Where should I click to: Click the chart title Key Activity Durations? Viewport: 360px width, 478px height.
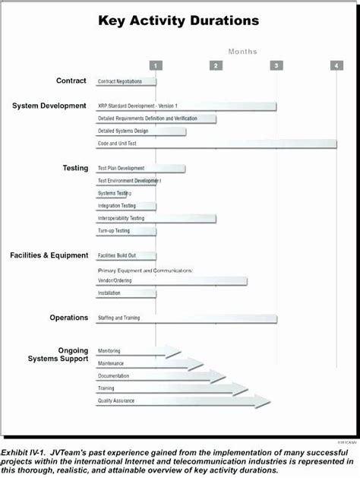pyautogui.click(x=178, y=21)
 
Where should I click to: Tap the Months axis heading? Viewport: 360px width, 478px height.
pyautogui.click(x=243, y=52)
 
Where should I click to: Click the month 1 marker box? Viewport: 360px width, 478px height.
pyautogui.click(x=156, y=65)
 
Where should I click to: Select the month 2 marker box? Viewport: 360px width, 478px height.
pyautogui.click(x=216, y=65)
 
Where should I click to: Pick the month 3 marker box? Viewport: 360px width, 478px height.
pyautogui.click(x=276, y=65)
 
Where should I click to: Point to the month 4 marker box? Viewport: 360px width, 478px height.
pyautogui.click(x=336, y=65)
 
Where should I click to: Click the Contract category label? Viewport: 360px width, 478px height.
pyautogui.click(x=71, y=81)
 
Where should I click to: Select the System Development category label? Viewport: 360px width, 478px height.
pyautogui.click(x=49, y=106)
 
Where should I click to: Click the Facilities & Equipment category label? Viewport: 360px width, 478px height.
pyautogui.click(x=49, y=255)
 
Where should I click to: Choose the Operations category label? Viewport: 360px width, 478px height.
pyautogui.click(x=69, y=318)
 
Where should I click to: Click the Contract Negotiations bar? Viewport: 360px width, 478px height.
pyautogui.click(x=125, y=81)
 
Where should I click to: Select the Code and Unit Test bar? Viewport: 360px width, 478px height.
pyautogui.click(x=216, y=144)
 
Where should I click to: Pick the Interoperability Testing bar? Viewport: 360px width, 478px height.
pyautogui.click(x=156, y=218)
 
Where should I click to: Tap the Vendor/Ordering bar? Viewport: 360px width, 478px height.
pyautogui.click(x=171, y=280)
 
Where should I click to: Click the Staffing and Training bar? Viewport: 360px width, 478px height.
pyautogui.click(x=186, y=318)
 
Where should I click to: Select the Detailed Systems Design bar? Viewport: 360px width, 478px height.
pyautogui.click(x=141, y=131)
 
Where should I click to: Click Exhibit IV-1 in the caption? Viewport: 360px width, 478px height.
pyautogui.click(x=19, y=451)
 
